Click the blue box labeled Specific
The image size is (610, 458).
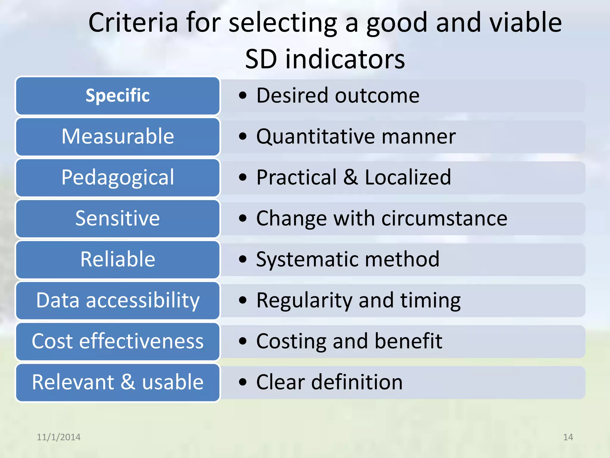pyautogui.click(x=118, y=96)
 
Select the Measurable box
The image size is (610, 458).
pyautogui.click(x=118, y=137)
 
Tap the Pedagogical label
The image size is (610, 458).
pyautogui.click(x=118, y=177)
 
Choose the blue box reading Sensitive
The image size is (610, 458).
pyautogui.click(x=118, y=218)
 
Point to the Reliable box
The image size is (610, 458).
pyautogui.click(x=118, y=259)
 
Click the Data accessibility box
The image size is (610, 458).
pyautogui.click(x=118, y=300)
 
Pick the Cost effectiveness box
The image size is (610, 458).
pyautogui.click(x=118, y=341)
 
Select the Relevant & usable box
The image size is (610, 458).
pyautogui.click(x=118, y=382)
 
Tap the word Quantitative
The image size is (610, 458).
pyautogui.click(x=315, y=137)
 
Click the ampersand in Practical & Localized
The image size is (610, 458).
pyautogui.click(x=350, y=177)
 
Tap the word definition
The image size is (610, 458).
pyautogui.click(x=357, y=382)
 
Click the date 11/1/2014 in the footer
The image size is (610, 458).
pyautogui.click(x=58, y=437)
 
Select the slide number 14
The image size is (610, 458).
pyautogui.click(x=568, y=437)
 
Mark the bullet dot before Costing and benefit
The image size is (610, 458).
pyautogui.click(x=243, y=341)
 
